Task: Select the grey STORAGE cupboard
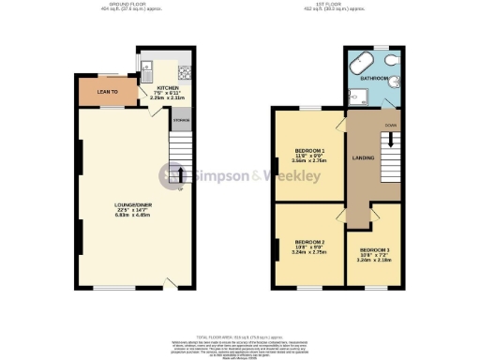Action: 181,119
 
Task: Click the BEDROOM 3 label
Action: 375,249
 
